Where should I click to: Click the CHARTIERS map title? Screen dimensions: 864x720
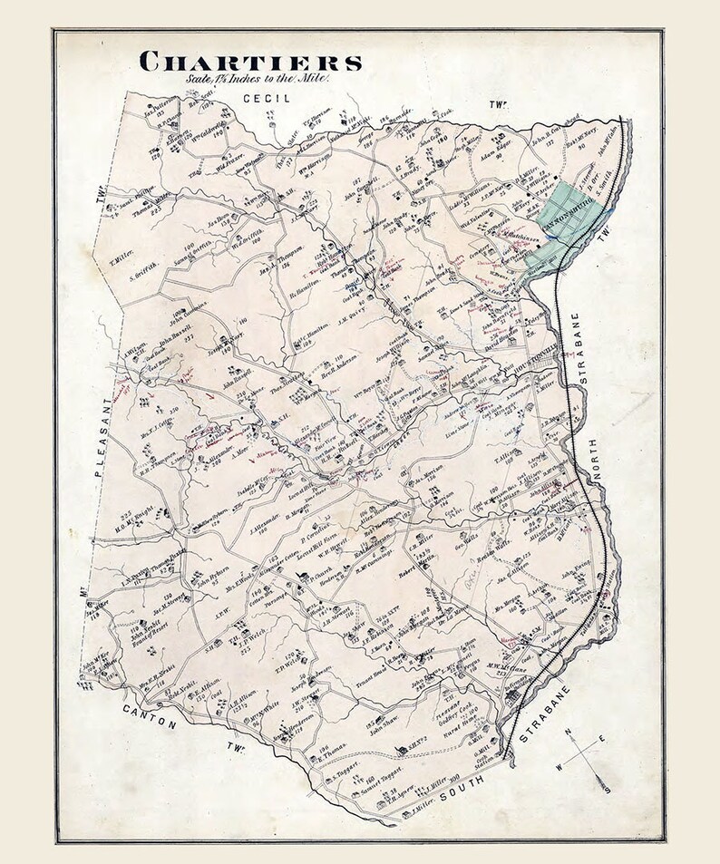coord(250,62)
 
